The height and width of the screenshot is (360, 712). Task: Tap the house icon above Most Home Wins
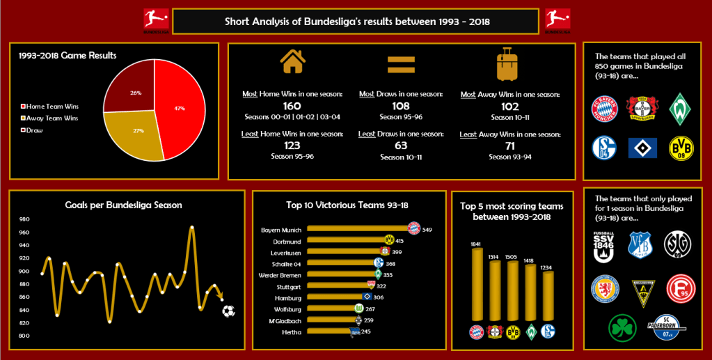(x=292, y=62)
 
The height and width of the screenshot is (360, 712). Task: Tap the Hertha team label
(x=292, y=332)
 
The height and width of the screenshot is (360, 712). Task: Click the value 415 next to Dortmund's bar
(x=399, y=241)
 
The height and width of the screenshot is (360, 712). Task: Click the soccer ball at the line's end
(x=228, y=311)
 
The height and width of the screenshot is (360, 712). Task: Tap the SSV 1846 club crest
(x=603, y=246)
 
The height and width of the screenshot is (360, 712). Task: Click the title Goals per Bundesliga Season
(x=123, y=205)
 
